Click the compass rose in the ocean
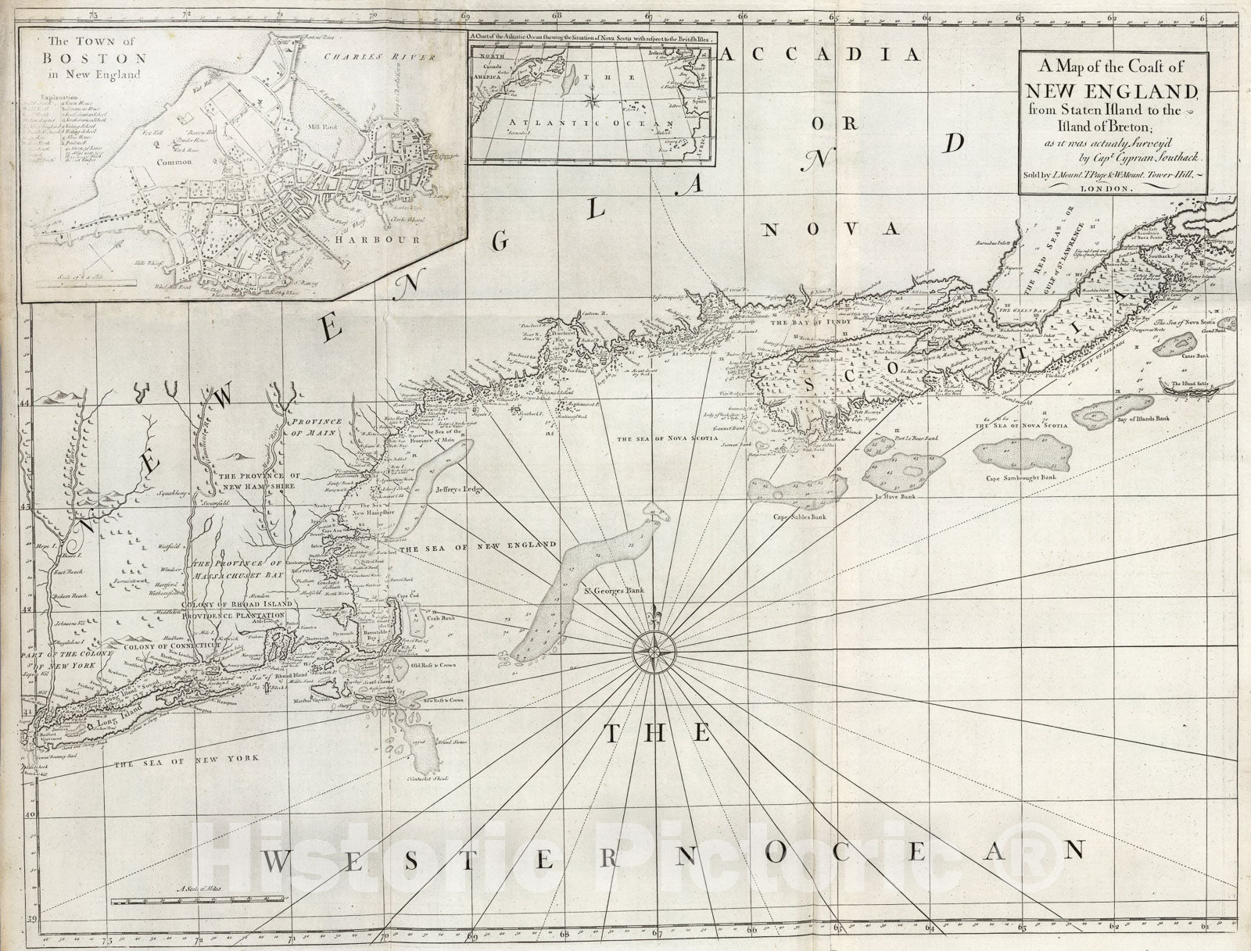coord(655,650)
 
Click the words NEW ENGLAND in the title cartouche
coord(1114,90)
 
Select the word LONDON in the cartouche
coord(1112,189)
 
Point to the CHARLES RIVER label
coord(364,55)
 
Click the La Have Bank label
coord(898,495)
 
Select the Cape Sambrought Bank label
coord(1020,477)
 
